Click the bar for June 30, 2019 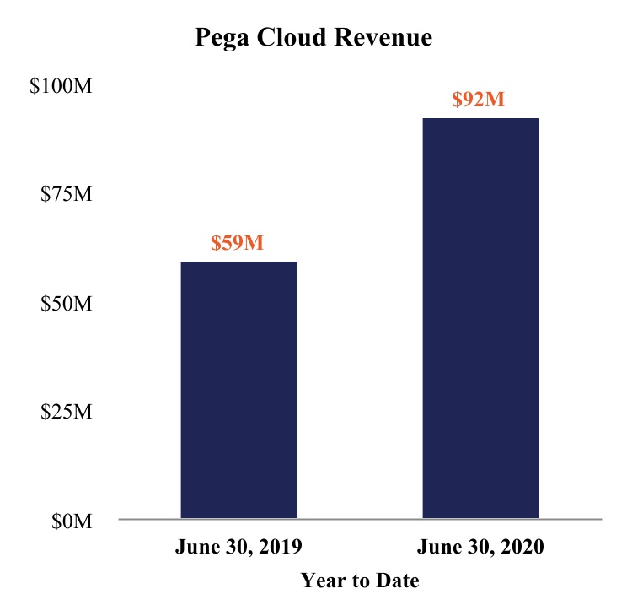(239, 389)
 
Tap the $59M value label (238, 243)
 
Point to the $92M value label (479, 100)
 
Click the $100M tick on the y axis (61, 87)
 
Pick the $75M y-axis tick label (66, 195)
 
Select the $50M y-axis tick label (66, 304)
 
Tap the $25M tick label (66, 413)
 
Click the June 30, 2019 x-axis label (238, 547)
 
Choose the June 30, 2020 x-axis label (480, 547)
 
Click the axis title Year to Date (360, 581)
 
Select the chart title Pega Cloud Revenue (313, 38)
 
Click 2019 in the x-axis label (281, 547)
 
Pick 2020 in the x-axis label (522, 547)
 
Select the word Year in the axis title (322, 581)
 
